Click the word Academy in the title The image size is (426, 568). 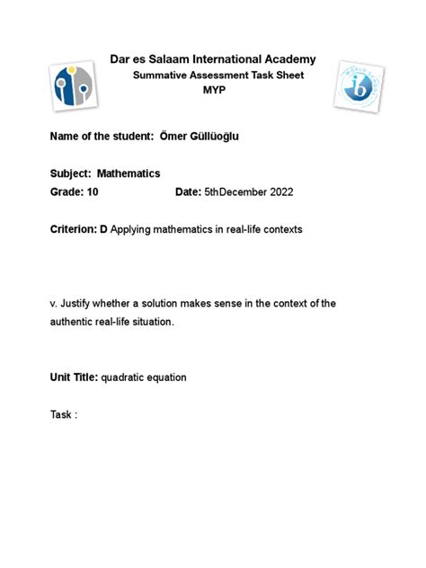[285, 59]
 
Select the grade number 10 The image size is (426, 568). [93, 192]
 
